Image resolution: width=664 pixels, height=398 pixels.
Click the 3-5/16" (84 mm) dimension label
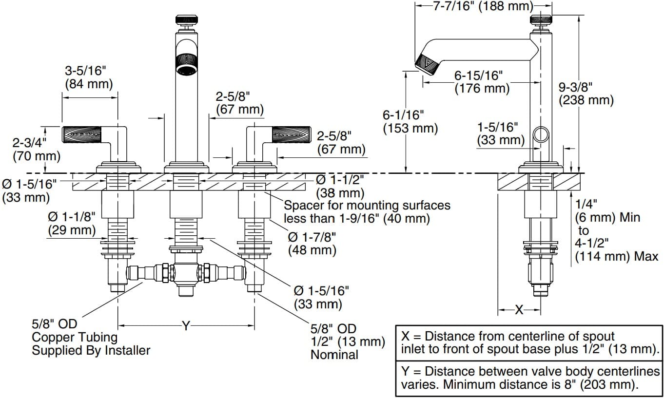89,77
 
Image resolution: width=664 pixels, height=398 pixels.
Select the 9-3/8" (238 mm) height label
586,94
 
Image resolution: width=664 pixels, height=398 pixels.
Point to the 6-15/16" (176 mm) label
482,82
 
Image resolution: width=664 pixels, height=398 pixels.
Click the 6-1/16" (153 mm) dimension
410,122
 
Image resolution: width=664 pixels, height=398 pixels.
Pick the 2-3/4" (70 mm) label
30,150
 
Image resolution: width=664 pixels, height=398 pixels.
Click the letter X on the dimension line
519,309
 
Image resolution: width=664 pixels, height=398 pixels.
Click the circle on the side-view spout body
541,134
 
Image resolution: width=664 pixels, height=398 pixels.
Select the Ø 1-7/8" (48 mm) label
312,244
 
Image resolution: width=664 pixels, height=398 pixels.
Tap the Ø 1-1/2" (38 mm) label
340,186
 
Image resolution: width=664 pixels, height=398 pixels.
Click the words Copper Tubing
75,337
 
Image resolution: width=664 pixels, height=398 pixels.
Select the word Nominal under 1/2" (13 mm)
334,355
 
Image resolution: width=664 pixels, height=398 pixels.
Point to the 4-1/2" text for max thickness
592,244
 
